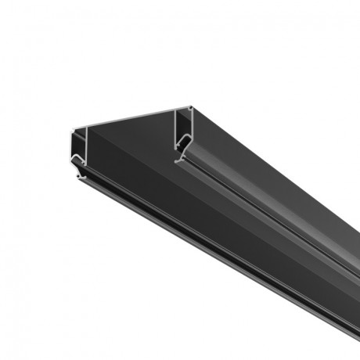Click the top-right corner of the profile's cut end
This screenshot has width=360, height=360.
click(191, 106)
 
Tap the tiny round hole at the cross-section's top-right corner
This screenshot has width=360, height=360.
click(189, 108)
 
